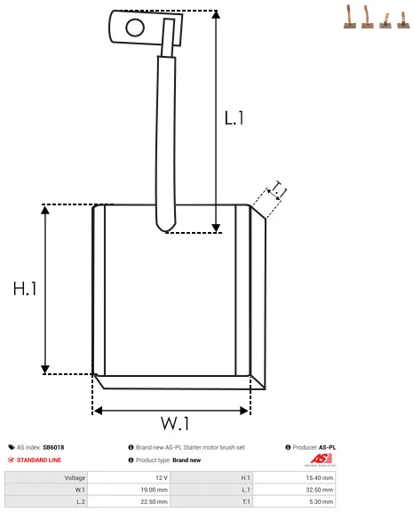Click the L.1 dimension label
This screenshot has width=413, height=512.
pyautogui.click(x=234, y=118)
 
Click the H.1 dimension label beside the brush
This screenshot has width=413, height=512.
pyautogui.click(x=25, y=289)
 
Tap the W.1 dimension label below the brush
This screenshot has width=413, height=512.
pyautogui.click(x=175, y=423)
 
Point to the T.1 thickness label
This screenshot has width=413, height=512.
pyautogui.click(x=278, y=190)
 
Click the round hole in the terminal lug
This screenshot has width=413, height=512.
pyautogui.click(x=135, y=28)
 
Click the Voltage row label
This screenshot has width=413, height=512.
pyautogui.click(x=75, y=477)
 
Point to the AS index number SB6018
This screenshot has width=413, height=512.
pyautogui.click(x=53, y=447)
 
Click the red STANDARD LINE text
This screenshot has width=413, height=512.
pyautogui.click(x=39, y=460)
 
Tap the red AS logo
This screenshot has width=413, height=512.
pyautogui.click(x=321, y=459)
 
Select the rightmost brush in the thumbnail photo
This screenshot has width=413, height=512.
pyautogui.click(x=403, y=20)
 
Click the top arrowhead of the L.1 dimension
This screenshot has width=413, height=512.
pyautogui.click(x=216, y=14)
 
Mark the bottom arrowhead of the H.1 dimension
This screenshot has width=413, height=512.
pyautogui.click(x=45, y=370)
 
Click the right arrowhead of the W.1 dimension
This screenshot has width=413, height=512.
pyautogui.click(x=244, y=411)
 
